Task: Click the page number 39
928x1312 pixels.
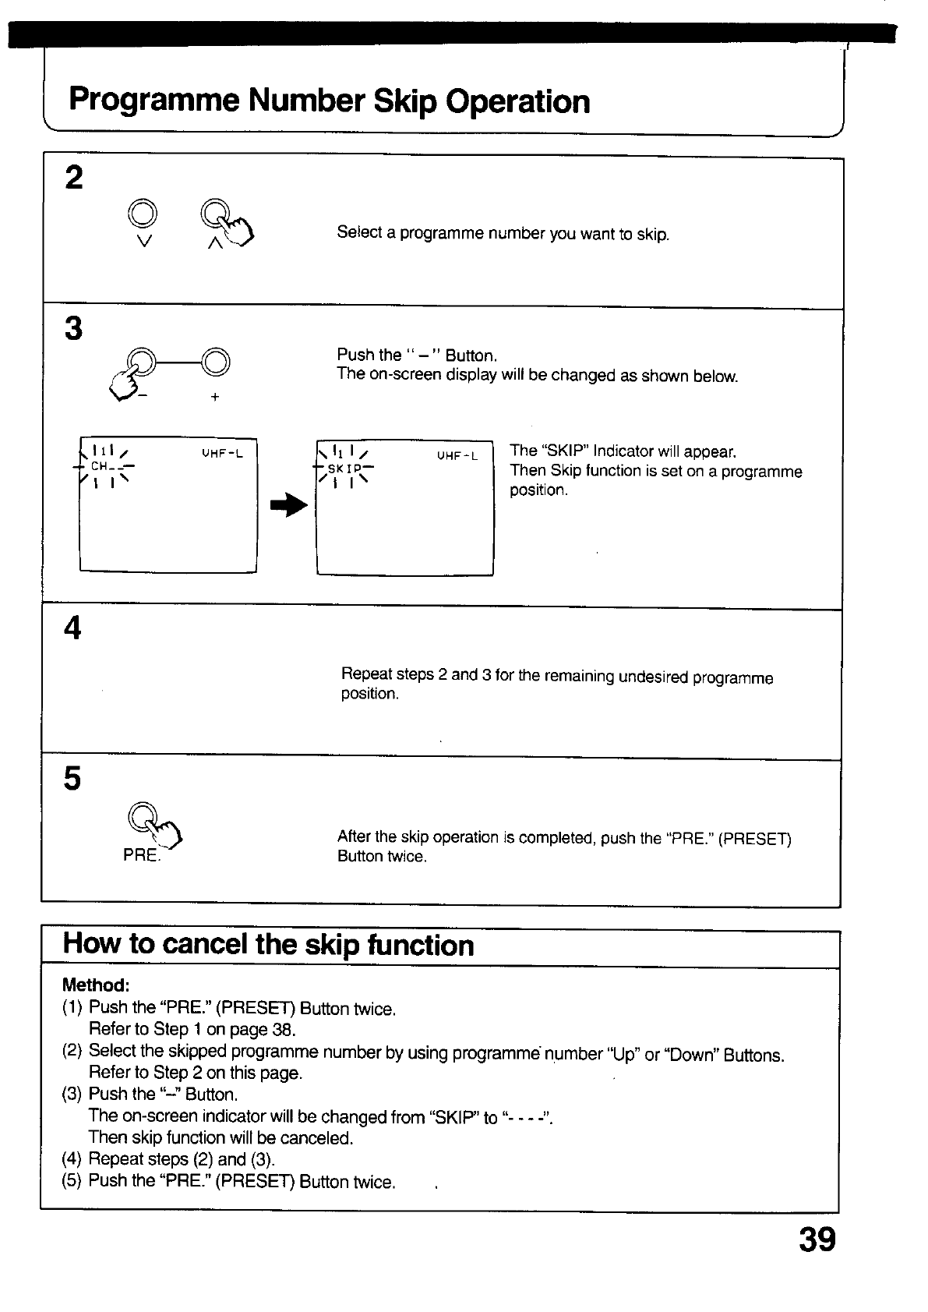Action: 817,1239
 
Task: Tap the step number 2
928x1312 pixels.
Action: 74,178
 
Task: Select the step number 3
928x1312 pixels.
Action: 73,328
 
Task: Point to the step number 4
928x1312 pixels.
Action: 72,628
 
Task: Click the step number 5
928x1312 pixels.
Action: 72,778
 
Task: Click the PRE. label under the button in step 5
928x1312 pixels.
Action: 141,855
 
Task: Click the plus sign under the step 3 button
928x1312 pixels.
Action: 214,397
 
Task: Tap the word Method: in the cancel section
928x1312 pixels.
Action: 95,985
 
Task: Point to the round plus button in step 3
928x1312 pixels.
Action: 217,360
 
